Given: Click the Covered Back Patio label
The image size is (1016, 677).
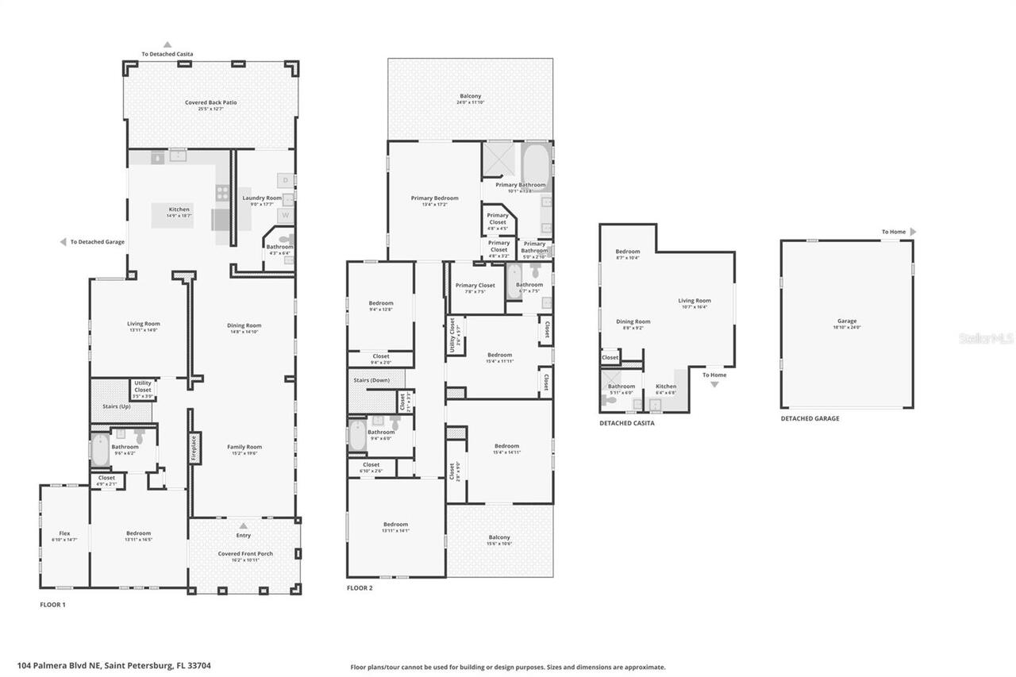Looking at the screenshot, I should point(211,102).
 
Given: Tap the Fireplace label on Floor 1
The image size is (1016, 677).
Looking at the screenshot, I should point(192,448).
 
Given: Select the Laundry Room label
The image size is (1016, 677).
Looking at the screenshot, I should point(262,198).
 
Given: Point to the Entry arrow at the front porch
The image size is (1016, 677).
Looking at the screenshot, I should point(244,525).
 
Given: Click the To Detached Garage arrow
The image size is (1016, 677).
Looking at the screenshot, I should point(63,242).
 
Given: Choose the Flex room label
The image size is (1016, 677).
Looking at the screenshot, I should point(64,533).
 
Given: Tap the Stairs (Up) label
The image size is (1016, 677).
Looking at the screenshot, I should point(117,406).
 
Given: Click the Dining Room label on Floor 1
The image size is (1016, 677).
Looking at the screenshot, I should point(244,325).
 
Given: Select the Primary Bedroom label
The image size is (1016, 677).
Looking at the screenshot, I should point(434,198).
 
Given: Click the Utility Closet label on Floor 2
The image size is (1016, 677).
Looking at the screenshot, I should point(452,335).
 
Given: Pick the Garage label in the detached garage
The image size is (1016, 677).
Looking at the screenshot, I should point(847,321).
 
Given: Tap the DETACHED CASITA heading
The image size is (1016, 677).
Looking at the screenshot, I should point(626,423).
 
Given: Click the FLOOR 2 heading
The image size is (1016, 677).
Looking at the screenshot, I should point(360,588).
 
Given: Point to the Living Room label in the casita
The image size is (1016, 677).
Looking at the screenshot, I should point(694,301).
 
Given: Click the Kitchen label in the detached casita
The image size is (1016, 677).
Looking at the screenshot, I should point(665,387).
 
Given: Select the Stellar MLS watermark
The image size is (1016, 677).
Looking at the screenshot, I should point(987,338).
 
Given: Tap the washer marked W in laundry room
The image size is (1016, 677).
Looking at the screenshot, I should point(284,215).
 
